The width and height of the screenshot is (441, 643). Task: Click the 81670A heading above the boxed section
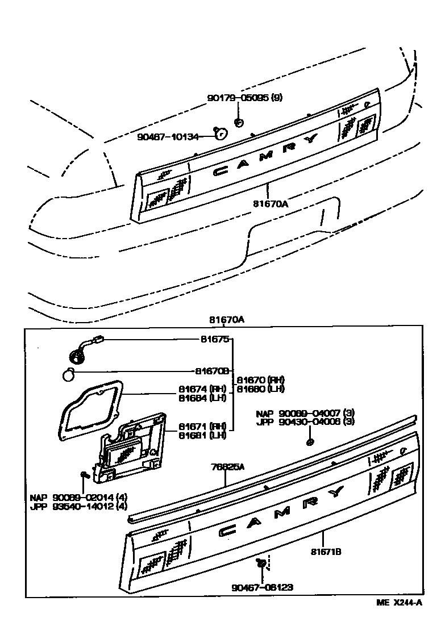(226, 319)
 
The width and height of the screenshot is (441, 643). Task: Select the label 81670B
(211, 371)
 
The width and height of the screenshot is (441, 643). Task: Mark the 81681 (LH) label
(202, 435)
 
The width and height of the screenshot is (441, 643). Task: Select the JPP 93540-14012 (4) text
(78, 506)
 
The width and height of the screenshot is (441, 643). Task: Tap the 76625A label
(228, 467)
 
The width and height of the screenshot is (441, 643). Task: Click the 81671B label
(326, 551)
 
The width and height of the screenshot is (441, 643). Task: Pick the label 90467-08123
(262, 588)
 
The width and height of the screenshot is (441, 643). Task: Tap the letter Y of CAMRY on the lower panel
(336, 491)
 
